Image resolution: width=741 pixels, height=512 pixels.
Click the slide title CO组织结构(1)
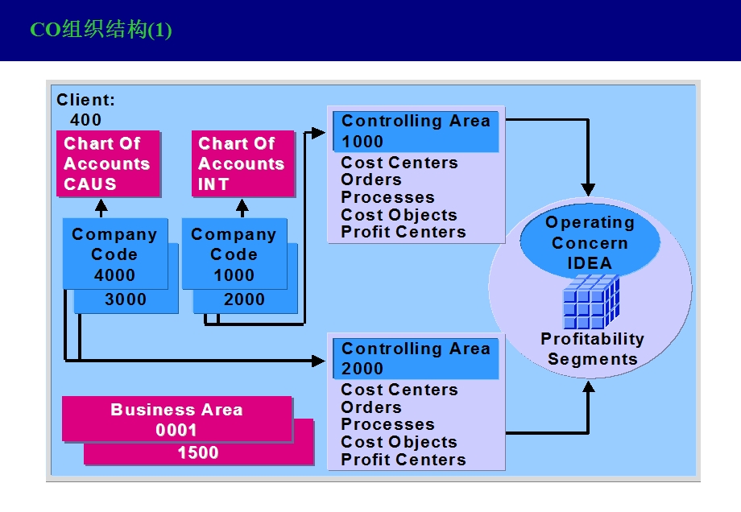tap(101, 31)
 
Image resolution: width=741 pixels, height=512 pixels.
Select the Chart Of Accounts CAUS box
tap(107, 164)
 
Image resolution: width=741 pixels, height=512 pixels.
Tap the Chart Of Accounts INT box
tap(241, 164)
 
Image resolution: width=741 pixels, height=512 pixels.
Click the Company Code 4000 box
tap(114, 254)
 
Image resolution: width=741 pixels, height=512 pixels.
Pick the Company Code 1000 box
tap(234, 254)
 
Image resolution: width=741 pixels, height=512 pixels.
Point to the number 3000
tap(126, 300)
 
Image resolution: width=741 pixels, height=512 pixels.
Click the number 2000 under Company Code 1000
tap(244, 300)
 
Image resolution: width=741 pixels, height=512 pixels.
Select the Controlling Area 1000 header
tap(416, 131)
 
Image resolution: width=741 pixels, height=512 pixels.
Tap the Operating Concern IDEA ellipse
tap(590, 242)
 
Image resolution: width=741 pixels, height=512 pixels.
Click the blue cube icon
tap(590, 301)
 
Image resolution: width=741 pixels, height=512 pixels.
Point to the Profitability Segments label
tap(592, 349)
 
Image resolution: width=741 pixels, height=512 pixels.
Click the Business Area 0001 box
tap(176, 419)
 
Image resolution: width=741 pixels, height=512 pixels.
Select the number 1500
tap(198, 453)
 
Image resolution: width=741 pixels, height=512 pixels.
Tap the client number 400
tap(86, 120)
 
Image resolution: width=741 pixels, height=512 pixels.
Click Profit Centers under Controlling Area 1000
tap(404, 233)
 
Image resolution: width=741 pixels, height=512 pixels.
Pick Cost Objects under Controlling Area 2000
tap(399, 443)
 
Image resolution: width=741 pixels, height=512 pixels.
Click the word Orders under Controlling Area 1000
tap(371, 180)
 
